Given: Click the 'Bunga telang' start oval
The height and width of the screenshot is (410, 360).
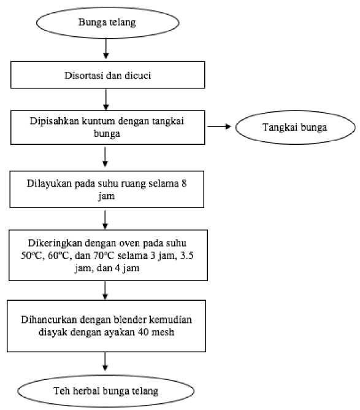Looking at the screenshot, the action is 108,23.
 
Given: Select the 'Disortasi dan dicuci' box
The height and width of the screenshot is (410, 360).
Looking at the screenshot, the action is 108,75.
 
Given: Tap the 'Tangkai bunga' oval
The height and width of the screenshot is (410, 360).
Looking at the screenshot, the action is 295,127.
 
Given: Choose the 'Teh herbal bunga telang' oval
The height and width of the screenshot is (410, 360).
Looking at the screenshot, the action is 106,391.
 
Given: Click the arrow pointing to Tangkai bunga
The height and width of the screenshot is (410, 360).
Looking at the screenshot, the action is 219,127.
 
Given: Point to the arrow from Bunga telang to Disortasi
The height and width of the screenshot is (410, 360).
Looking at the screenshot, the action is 106,48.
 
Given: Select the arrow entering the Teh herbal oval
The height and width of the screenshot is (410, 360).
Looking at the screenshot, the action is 105,362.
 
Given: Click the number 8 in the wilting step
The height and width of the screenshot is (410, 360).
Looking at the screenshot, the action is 184,184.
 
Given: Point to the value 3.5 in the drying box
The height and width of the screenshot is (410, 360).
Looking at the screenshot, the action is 187,255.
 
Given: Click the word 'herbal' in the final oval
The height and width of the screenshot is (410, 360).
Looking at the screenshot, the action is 86,391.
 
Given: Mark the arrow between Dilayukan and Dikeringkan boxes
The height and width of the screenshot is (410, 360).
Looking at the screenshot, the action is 105,220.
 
